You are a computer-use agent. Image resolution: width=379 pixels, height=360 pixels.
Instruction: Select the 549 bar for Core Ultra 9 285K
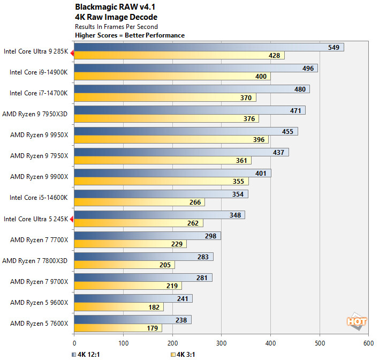click(209, 47)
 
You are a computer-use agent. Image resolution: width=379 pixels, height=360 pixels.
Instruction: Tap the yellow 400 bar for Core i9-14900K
click(172, 77)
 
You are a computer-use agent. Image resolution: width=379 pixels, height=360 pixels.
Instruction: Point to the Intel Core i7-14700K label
click(39, 93)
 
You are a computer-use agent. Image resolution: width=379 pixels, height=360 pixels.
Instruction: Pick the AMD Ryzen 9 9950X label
click(39, 134)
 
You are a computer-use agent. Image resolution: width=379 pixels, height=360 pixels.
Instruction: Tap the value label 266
click(195, 202)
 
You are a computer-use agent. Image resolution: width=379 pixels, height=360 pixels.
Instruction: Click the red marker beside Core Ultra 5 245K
click(71, 219)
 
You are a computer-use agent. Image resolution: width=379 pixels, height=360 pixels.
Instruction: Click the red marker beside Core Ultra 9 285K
click(71, 51)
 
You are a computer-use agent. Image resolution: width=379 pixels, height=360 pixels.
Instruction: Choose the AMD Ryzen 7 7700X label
click(39, 239)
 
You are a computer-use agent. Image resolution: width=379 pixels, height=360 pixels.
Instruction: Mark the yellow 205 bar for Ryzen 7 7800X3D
click(124, 265)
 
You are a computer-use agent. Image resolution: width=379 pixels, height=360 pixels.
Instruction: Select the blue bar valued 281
click(143, 277)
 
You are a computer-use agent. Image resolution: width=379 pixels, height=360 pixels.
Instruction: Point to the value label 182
click(154, 307)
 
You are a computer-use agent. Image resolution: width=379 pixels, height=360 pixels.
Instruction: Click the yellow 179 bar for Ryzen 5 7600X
click(118, 328)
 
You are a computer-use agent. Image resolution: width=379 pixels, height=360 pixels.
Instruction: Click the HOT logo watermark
click(357, 321)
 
